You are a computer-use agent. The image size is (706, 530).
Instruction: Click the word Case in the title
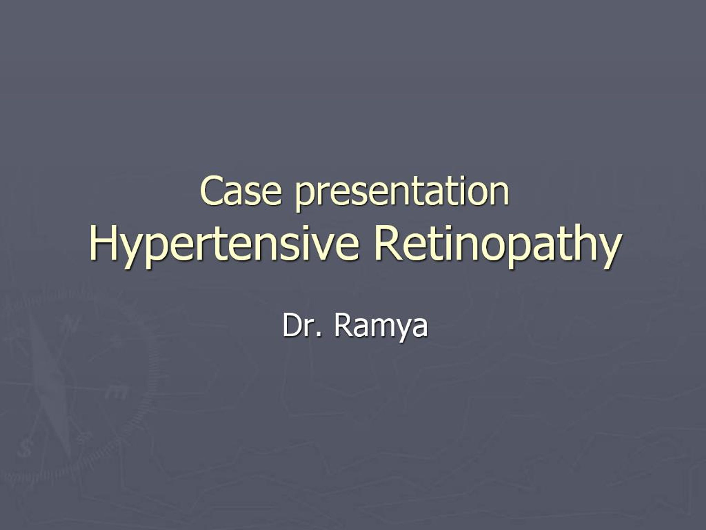(241, 191)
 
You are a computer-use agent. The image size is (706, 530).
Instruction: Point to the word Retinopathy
(498, 246)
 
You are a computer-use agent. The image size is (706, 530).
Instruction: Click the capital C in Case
(211, 191)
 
